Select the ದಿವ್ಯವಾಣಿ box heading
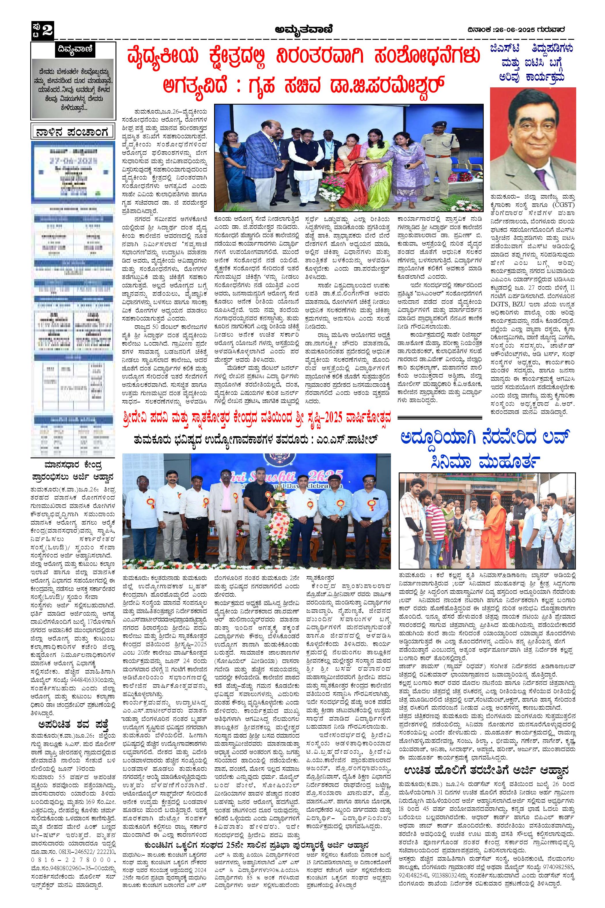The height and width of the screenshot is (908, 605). (73, 49)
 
